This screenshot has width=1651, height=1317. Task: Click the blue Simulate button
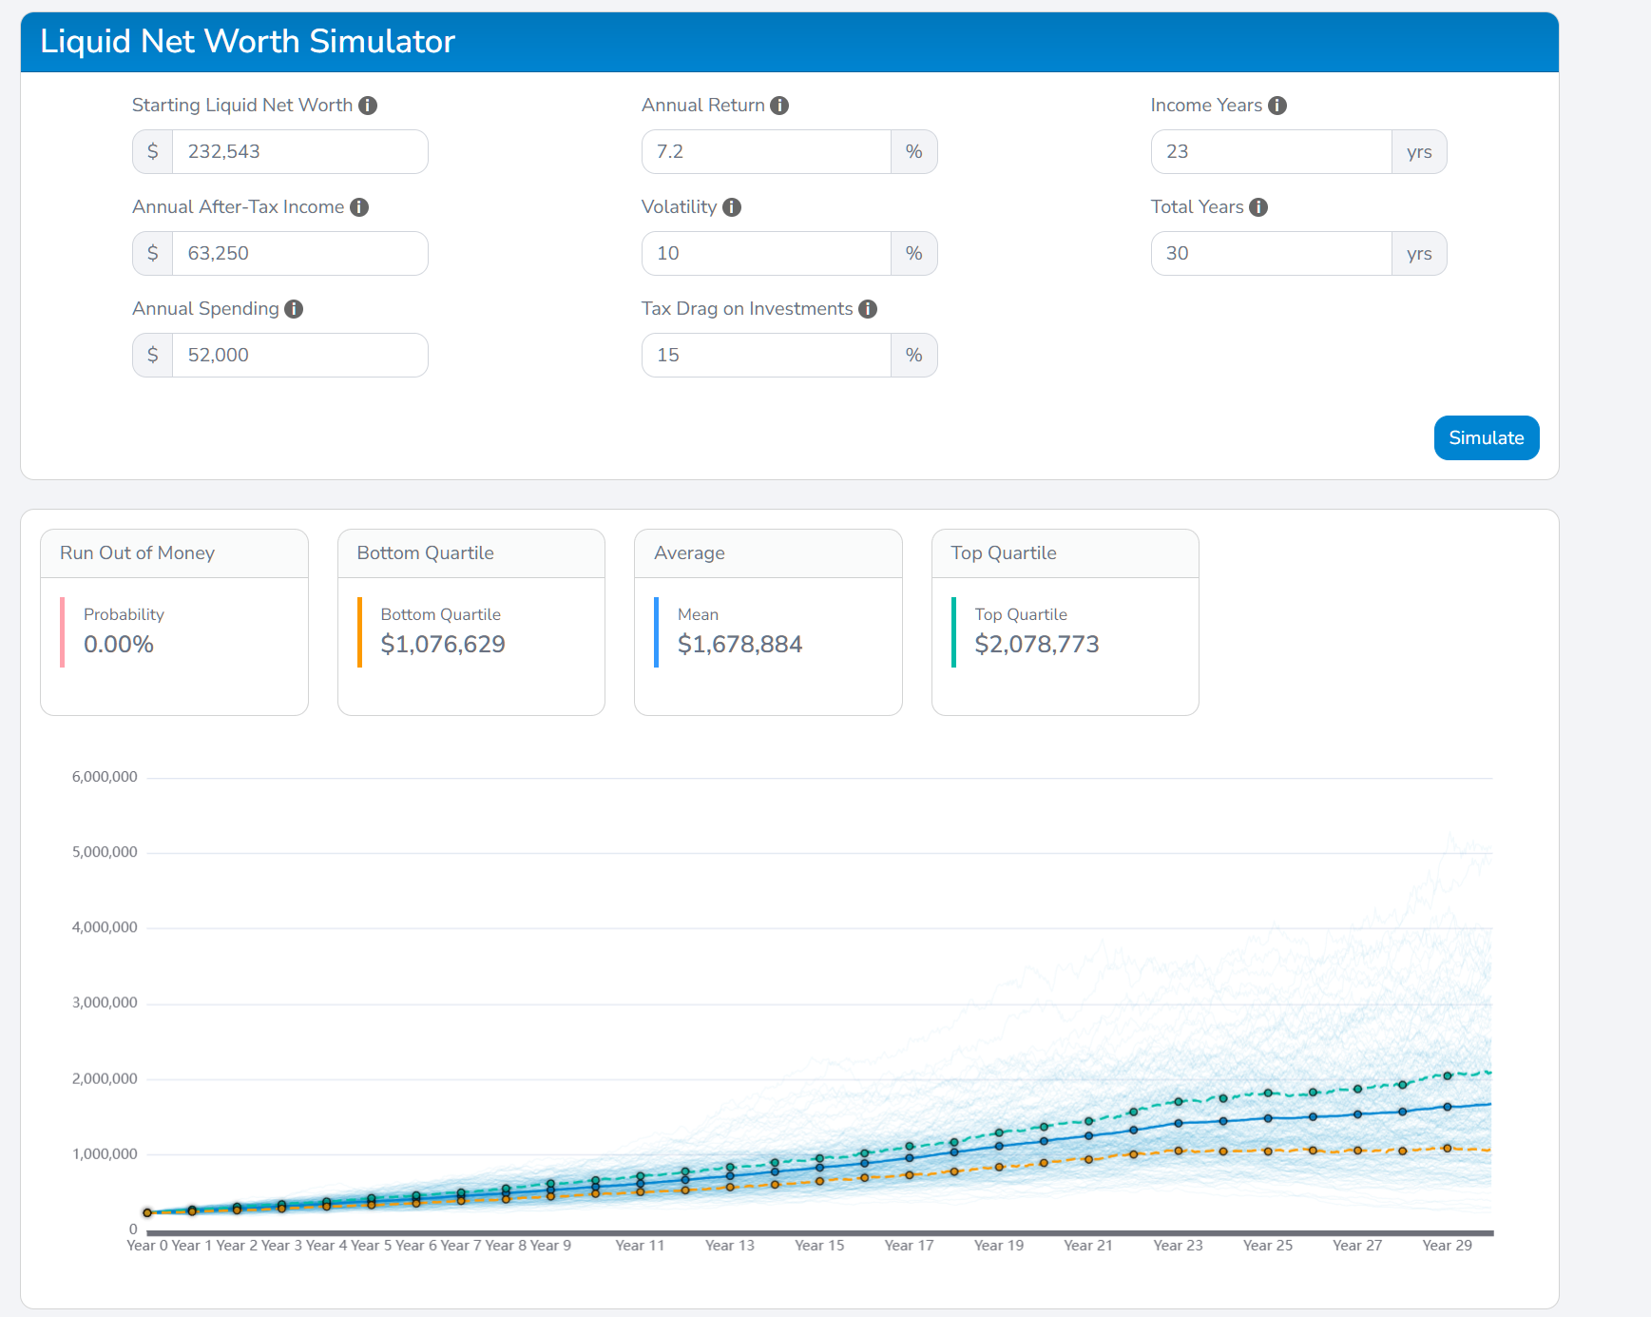[x=1486, y=437]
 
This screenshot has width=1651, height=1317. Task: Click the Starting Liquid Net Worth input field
[x=298, y=152]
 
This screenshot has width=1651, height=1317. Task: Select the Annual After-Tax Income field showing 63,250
[x=298, y=254]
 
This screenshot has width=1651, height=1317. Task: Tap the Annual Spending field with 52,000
[x=298, y=356]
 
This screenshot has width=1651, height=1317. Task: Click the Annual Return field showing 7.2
[x=766, y=152]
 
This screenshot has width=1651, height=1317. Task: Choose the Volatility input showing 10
[x=766, y=254]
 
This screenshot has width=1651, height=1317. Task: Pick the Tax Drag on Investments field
[x=766, y=356]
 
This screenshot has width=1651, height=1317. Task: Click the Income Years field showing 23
[x=1271, y=152]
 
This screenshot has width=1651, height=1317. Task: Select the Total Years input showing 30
[x=1271, y=254]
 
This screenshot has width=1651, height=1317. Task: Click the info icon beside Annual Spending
[x=294, y=309]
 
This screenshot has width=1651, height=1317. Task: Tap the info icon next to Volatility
[x=732, y=207]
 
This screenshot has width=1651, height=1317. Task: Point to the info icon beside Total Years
[x=1258, y=207]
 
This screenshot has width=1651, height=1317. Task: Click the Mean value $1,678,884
[x=739, y=645]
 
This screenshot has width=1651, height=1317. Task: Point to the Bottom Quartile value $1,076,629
[x=443, y=645]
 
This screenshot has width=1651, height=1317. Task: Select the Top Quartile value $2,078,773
[x=1037, y=645]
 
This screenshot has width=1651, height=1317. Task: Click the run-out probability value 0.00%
[x=119, y=645]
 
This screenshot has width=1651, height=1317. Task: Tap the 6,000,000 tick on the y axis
[x=105, y=777]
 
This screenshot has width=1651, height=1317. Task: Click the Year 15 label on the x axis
[x=819, y=1246]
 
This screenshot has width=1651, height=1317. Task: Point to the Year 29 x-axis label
[x=1447, y=1246]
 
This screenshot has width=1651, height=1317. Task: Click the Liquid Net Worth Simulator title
[x=247, y=42]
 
